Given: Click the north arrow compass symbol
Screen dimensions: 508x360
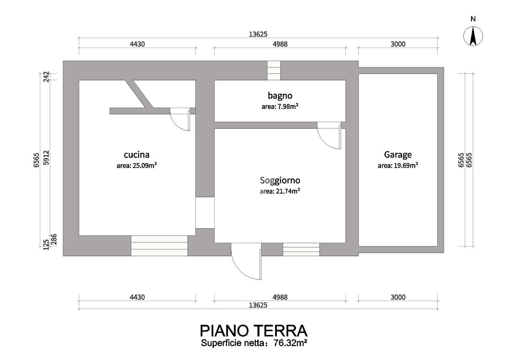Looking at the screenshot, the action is click(x=473, y=36).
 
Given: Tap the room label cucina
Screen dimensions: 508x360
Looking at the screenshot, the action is click(x=136, y=155).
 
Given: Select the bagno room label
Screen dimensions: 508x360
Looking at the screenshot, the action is click(x=280, y=96).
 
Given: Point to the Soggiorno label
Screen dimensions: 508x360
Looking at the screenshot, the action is click(x=280, y=181).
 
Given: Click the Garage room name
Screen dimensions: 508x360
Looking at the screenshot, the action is click(x=398, y=155).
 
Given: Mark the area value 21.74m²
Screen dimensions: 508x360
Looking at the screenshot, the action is click(x=288, y=191).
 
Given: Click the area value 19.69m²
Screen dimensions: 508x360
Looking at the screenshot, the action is click(x=406, y=165).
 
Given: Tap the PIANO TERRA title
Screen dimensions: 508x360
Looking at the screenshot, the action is click(x=254, y=331).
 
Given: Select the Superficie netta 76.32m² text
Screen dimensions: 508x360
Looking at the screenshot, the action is click(x=254, y=343).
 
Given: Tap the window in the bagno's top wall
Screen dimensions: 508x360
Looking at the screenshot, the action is click(x=274, y=70).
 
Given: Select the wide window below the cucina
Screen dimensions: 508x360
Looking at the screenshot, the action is click(x=159, y=246).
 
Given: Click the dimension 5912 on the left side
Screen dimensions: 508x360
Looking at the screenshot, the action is click(x=46, y=158).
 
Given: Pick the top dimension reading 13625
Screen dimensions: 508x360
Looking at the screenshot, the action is click(x=258, y=34).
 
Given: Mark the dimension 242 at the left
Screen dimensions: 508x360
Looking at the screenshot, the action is click(x=46, y=77).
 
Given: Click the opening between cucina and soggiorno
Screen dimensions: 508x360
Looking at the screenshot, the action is click(x=205, y=213).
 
